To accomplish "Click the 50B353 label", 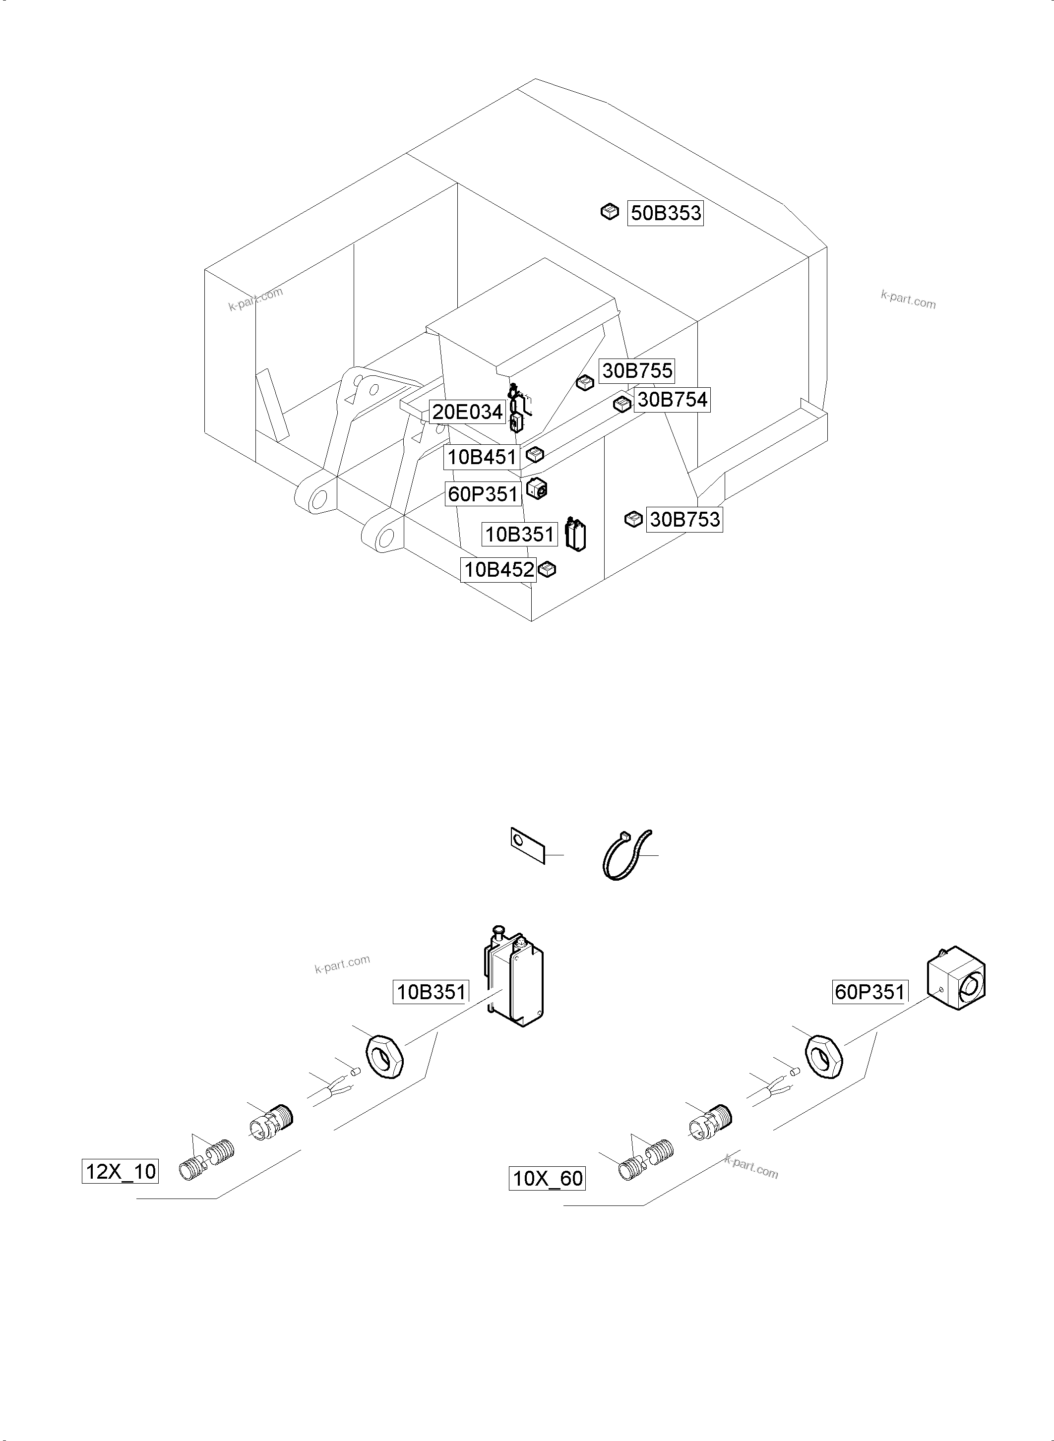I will coord(666,213).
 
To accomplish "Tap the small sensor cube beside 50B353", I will coord(610,212).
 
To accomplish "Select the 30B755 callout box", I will coord(637,370).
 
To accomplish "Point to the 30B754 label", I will coord(672,400).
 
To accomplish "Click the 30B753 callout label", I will coord(684,519).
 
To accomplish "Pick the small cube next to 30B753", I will coord(633,519).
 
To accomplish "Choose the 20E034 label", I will coord(468,412).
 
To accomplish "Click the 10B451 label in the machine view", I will coord(482,457).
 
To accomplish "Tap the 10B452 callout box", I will coord(498,569).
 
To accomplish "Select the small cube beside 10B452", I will coord(548,569).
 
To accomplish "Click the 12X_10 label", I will coord(120,1171).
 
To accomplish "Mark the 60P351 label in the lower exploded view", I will coord(869,992).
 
